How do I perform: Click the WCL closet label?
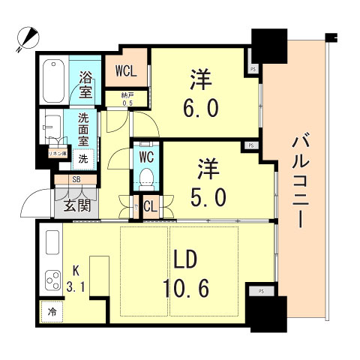[x=126, y=73]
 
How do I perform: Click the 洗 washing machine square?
[x=84, y=159]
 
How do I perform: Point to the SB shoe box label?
[x=76, y=180]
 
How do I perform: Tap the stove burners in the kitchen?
[x=54, y=283]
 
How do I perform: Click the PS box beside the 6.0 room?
[x=253, y=69]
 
